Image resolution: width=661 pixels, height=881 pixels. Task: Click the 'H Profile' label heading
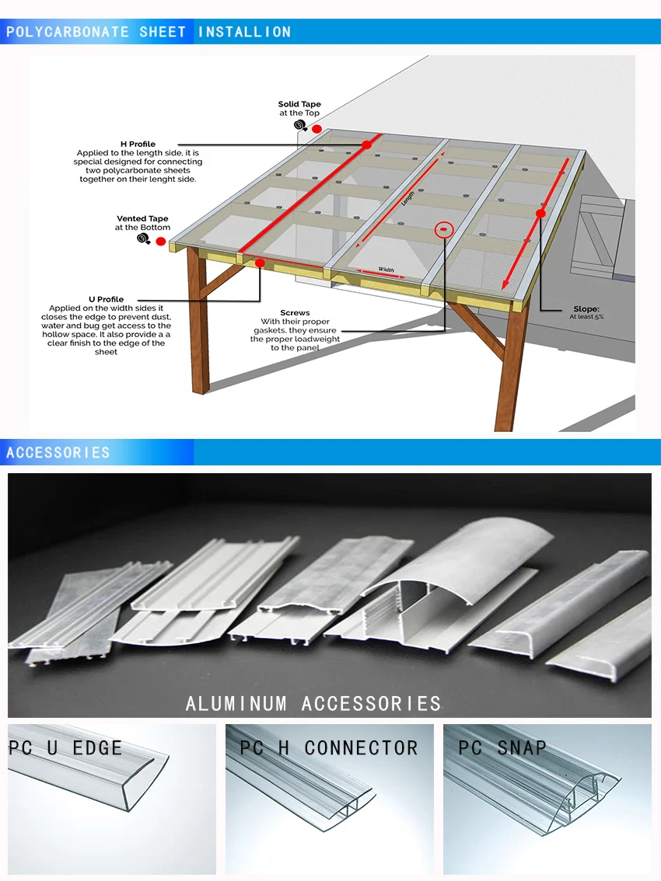(138, 144)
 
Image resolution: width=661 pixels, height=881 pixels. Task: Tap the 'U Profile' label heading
(106, 299)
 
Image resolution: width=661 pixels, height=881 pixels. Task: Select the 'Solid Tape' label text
(299, 104)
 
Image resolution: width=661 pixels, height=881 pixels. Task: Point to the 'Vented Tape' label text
(142, 219)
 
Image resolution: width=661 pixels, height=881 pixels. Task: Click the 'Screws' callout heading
(295, 312)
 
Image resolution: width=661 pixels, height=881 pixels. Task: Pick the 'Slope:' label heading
(586, 308)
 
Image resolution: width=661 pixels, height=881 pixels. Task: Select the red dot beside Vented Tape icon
(161, 242)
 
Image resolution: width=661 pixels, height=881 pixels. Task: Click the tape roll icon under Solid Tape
(299, 125)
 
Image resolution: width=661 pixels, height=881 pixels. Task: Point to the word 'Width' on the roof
(386, 270)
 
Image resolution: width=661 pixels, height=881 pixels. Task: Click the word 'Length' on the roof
(407, 199)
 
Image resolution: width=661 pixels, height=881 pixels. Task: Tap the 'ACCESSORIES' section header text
(58, 452)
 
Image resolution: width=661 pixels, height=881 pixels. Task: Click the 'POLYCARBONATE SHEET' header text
(96, 32)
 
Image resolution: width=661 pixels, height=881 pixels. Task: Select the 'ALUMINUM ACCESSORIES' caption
(313, 704)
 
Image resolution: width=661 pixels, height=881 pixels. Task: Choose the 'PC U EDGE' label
(65, 748)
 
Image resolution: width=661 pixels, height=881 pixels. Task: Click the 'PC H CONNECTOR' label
(328, 748)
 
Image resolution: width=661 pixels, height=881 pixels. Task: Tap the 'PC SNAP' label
(502, 748)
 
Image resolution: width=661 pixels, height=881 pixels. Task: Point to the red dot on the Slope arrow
(540, 213)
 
